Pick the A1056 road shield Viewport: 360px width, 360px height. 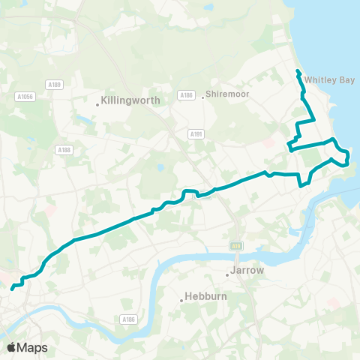(25, 96)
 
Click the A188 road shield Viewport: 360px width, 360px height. (64, 150)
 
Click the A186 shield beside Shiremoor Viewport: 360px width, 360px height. (187, 95)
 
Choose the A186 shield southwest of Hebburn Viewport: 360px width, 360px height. (129, 319)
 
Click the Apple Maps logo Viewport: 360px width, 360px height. (27, 347)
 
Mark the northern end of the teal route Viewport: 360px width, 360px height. (298, 71)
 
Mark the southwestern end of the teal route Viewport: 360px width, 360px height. (12, 287)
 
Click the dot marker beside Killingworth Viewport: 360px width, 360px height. (97, 104)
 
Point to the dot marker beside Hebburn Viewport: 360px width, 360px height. (181, 301)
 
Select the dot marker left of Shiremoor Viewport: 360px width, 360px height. (202, 95)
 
